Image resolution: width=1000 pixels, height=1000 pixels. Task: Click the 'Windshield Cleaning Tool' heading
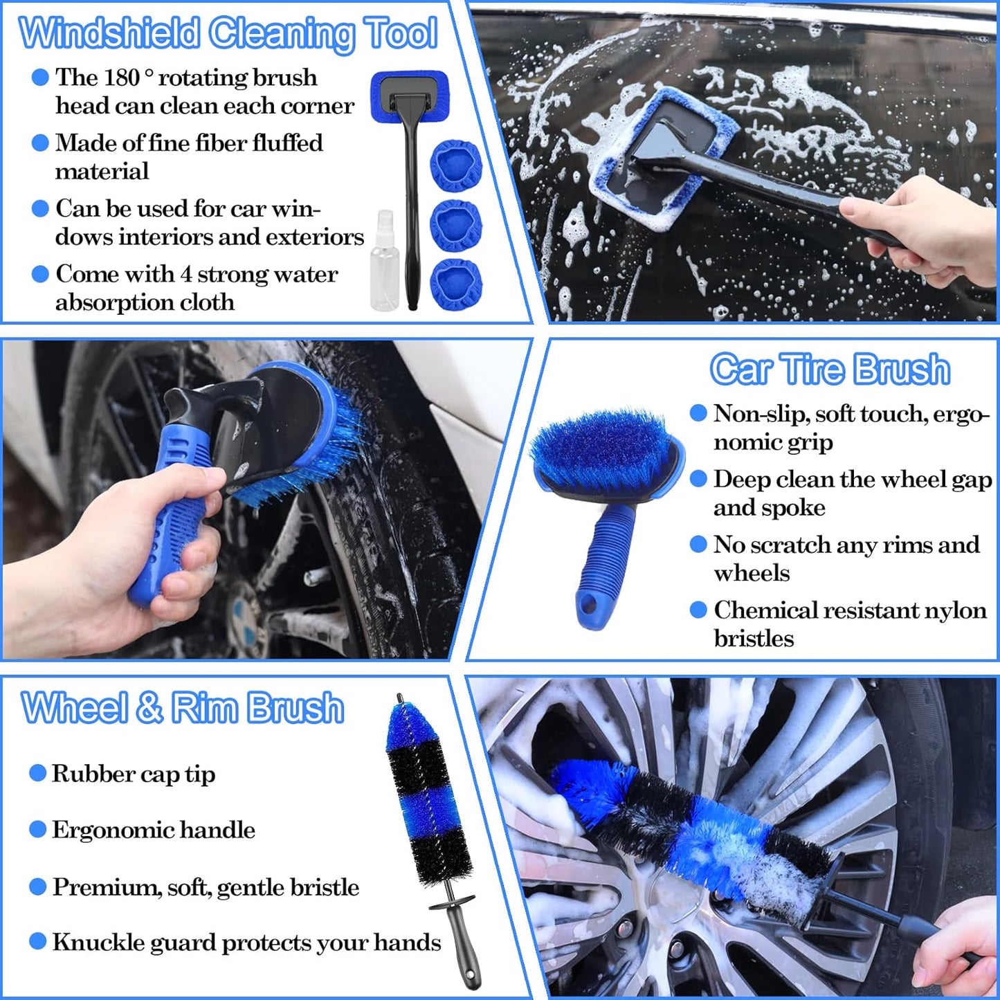pyautogui.click(x=228, y=33)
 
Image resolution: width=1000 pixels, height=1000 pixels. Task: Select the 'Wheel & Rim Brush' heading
pyautogui.click(x=183, y=708)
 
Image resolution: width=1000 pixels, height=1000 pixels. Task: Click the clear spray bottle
pyautogui.click(x=385, y=263)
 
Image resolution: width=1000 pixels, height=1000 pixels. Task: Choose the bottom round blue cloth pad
pyautogui.click(x=455, y=284)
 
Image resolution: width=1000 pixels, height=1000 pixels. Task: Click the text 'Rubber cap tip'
pyautogui.click(x=133, y=774)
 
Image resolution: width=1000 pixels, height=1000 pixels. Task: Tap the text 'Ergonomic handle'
pyautogui.click(x=153, y=830)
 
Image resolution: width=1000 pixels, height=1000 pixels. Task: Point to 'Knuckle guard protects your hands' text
pyautogui.click(x=246, y=943)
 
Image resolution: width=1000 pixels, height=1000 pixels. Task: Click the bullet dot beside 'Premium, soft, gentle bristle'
pyautogui.click(x=38, y=887)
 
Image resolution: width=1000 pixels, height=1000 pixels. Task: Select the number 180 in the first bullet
pyautogui.click(x=122, y=78)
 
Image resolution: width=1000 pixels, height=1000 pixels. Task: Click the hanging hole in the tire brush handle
pyautogui.click(x=589, y=606)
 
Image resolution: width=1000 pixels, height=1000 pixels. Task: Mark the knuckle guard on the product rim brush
pyautogui.click(x=452, y=903)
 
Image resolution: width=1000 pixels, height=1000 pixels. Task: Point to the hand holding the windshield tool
pyautogui.click(x=927, y=228)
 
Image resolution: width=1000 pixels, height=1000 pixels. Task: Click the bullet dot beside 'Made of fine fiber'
pyautogui.click(x=40, y=143)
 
